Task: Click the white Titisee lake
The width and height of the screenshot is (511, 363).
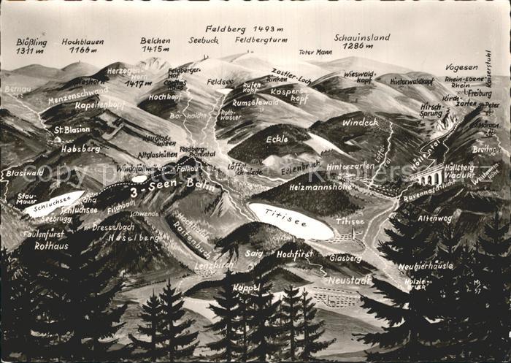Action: pyautogui.click(x=290, y=220)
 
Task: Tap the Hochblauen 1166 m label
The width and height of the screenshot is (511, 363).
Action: pyautogui.click(x=82, y=46)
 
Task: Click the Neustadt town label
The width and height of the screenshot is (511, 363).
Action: pyautogui.click(x=349, y=280)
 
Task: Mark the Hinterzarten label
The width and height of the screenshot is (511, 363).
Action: pyautogui.click(x=350, y=167)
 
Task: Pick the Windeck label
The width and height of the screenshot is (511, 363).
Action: pyautogui.click(x=360, y=122)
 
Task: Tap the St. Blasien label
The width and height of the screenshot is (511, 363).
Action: pyautogui.click(x=72, y=129)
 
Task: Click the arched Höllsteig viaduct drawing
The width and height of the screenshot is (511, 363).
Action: pyautogui.click(x=429, y=175)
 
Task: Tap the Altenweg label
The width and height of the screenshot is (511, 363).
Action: pyautogui.click(x=435, y=218)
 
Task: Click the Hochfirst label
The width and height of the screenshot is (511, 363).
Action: pyautogui.click(x=294, y=254)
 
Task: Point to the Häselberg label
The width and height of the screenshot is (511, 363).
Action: pyautogui.click(x=134, y=238)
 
